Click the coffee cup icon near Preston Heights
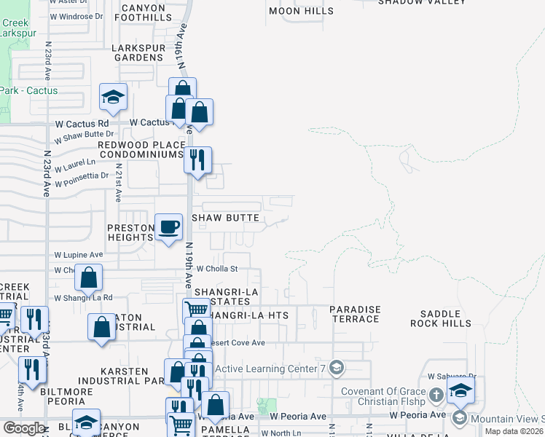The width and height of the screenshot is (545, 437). click(x=169, y=227)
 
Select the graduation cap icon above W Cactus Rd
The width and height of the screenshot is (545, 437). click(x=113, y=97)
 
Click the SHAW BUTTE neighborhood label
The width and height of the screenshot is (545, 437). click(x=225, y=218)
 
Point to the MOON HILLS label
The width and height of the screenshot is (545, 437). click(x=301, y=11)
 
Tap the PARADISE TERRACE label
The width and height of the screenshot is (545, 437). click(x=355, y=315)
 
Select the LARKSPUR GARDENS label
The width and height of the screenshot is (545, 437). click(x=138, y=52)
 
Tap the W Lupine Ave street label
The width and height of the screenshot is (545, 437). click(x=79, y=255)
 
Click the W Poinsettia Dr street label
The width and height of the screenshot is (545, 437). click(x=81, y=176)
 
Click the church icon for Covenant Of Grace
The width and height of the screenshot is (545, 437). click(x=436, y=395)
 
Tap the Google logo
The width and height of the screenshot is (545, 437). click(x=23, y=428)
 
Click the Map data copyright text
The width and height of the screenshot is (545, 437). click(x=514, y=431)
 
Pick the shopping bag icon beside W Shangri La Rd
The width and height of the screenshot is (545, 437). click(x=88, y=278)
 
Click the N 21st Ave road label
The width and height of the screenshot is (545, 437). click(x=118, y=188)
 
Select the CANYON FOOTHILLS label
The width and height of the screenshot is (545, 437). click(x=144, y=12)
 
